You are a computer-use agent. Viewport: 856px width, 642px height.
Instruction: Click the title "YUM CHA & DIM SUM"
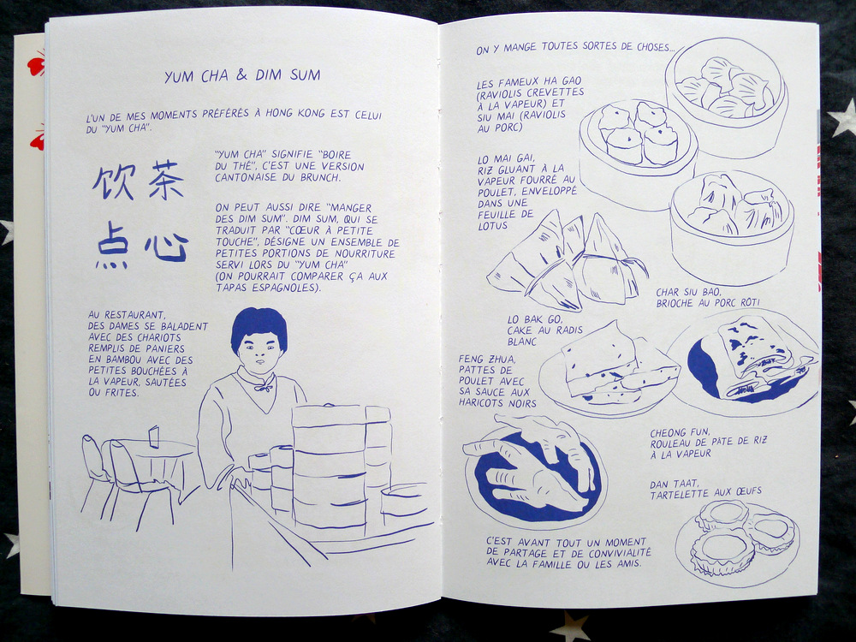tap(242, 75)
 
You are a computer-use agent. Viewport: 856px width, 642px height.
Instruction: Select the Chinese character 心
tap(167, 247)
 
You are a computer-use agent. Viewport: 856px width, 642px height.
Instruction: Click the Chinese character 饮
tap(114, 181)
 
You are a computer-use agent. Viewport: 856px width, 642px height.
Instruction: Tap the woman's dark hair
tap(259, 327)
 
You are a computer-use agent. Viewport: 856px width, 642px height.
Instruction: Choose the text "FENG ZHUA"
tap(487, 360)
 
